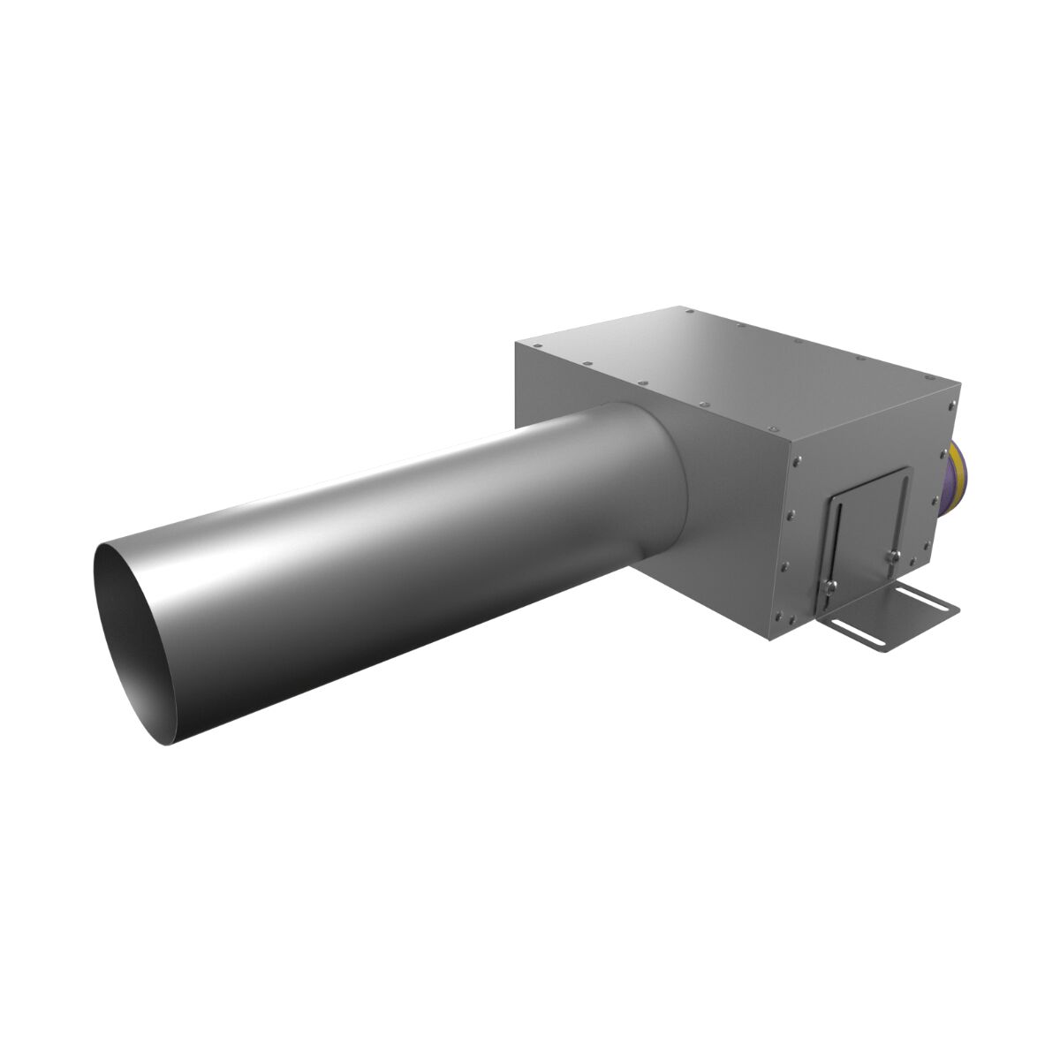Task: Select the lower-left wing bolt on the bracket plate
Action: (829, 587)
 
